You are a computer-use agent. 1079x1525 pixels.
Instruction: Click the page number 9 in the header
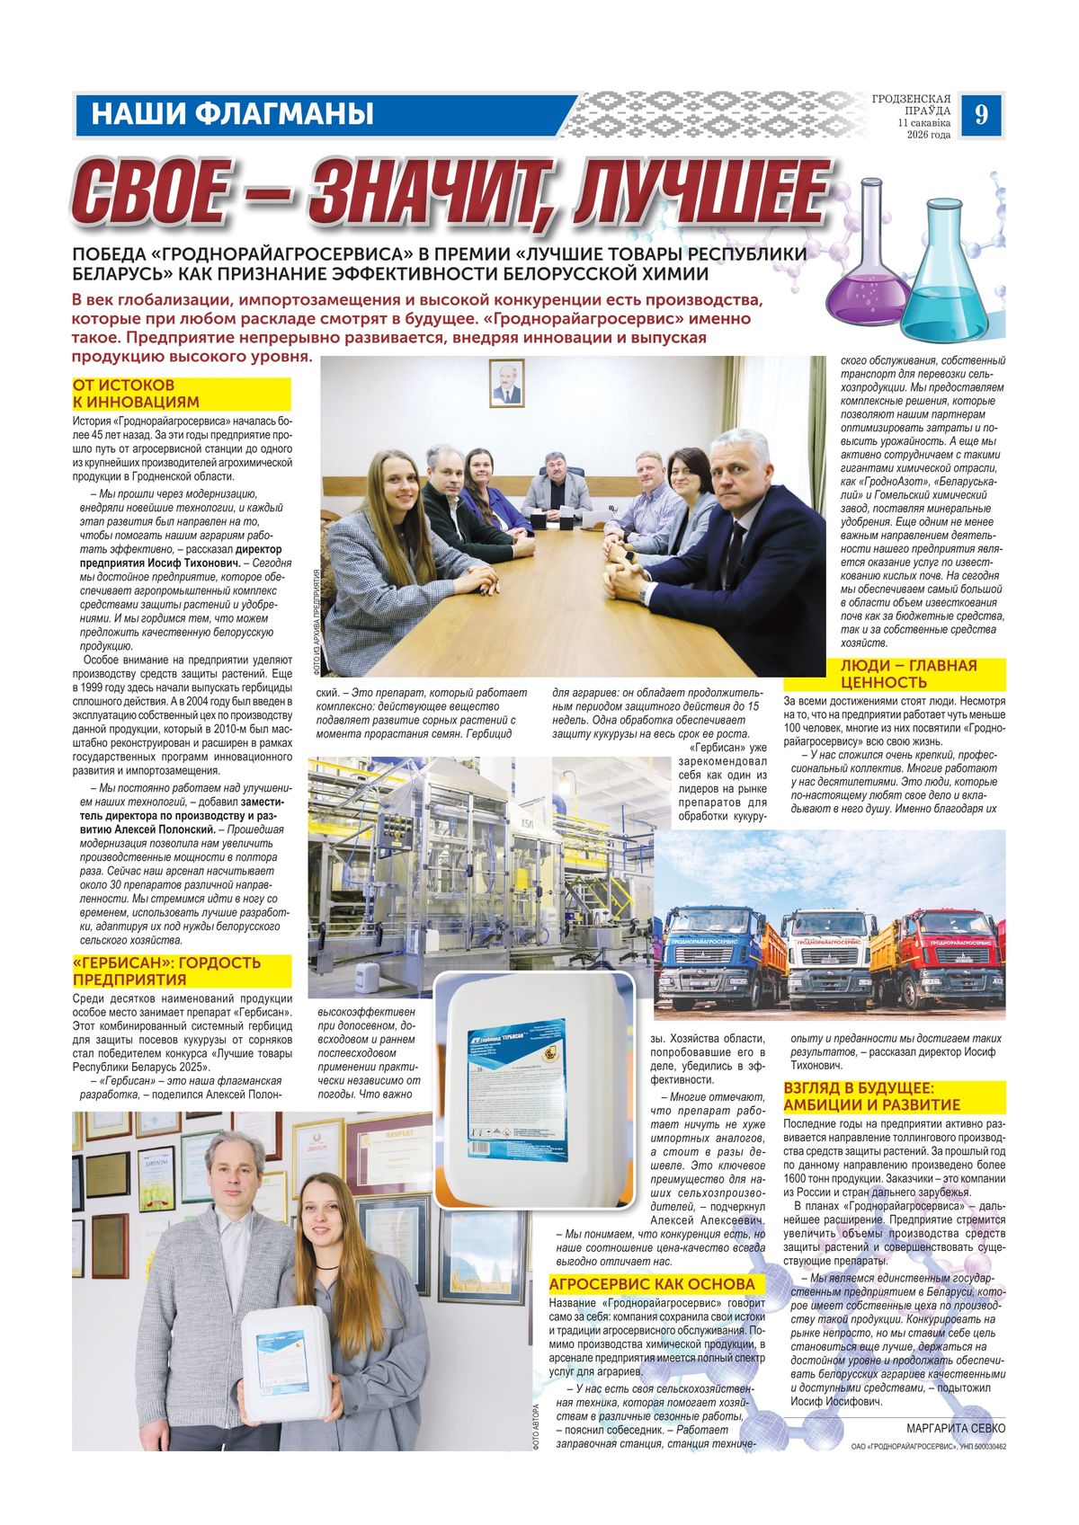pyautogui.click(x=980, y=115)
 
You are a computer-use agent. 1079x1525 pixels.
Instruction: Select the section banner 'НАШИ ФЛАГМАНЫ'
pyautogui.click(x=232, y=115)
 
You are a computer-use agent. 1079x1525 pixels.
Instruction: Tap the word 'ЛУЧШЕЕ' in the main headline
pyautogui.click(x=701, y=193)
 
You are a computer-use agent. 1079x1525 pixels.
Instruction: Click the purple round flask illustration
pyautogui.click(x=867, y=270)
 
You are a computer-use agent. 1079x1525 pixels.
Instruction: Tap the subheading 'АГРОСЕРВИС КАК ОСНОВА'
pyautogui.click(x=652, y=1283)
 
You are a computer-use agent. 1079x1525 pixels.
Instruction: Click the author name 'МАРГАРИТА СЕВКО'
pyautogui.click(x=956, y=1428)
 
